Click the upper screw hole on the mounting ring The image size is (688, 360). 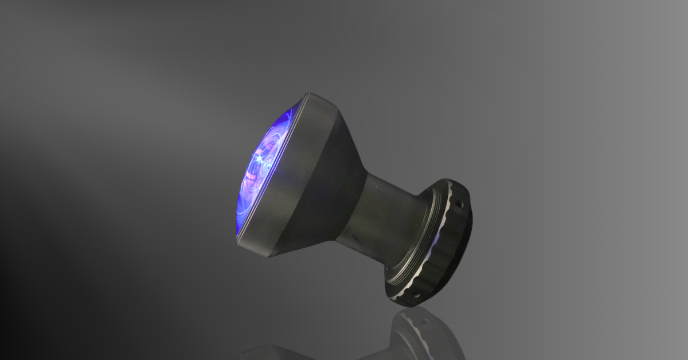(459, 202)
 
